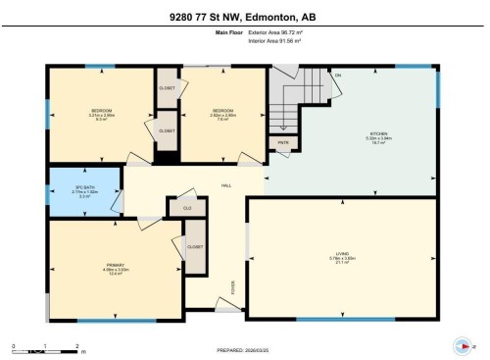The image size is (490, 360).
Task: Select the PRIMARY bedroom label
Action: point(117,266)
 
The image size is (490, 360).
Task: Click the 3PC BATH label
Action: point(84,185)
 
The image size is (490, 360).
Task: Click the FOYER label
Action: point(232,286)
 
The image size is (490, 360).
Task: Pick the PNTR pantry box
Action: point(282,143)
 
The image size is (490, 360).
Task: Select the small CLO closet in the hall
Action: point(186,207)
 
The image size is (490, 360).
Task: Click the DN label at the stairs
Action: point(337,77)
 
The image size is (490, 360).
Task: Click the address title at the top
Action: point(245,15)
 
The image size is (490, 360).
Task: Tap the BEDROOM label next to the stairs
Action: point(224,111)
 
